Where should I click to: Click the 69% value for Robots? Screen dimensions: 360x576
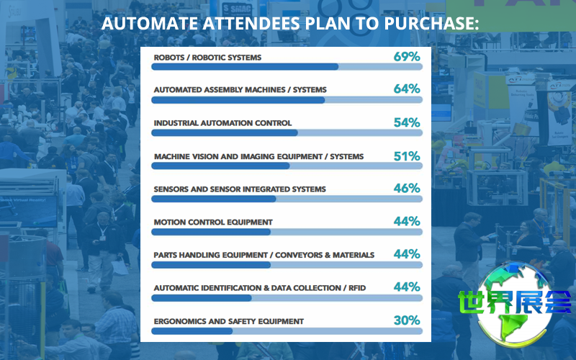pos(407,56)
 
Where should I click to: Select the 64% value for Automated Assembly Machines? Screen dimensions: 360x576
pos(407,89)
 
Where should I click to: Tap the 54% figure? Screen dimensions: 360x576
pos(407,122)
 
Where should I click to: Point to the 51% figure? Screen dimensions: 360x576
pos(407,156)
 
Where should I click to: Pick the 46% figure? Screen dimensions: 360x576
pos(407,188)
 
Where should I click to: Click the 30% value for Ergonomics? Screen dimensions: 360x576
pos(407,320)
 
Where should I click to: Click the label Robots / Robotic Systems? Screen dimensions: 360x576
pos(207,58)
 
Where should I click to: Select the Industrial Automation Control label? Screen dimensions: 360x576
pos(222,123)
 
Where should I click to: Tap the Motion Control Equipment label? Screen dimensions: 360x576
pos(213,222)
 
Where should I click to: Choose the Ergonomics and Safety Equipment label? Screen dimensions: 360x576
pos(228,321)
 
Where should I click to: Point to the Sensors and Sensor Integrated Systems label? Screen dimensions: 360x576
pos(240,189)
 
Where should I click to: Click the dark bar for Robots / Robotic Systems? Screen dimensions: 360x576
pos(245,67)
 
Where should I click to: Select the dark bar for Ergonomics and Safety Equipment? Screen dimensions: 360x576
pos(192,331)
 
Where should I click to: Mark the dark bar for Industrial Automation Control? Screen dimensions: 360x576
pos(224,132)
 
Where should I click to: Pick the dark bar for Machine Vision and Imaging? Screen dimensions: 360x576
pos(220,166)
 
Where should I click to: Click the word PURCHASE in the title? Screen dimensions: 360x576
pos(434,24)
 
